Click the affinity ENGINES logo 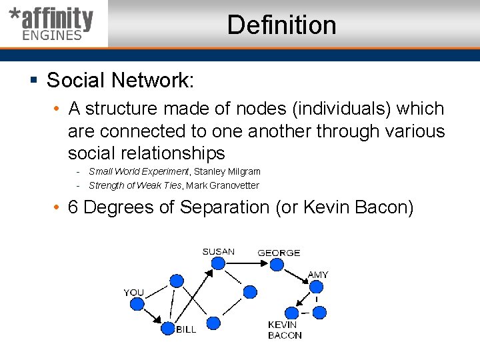(52, 24)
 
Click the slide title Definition (281, 25)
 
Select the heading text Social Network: (120, 81)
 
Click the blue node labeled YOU (137, 304)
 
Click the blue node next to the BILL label (167, 328)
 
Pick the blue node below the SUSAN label (217, 264)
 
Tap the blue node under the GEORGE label (275, 264)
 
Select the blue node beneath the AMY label (316, 287)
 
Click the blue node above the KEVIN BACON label (291, 313)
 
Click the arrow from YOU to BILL (152, 316)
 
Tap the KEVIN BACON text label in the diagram (285, 330)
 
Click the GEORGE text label (279, 253)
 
